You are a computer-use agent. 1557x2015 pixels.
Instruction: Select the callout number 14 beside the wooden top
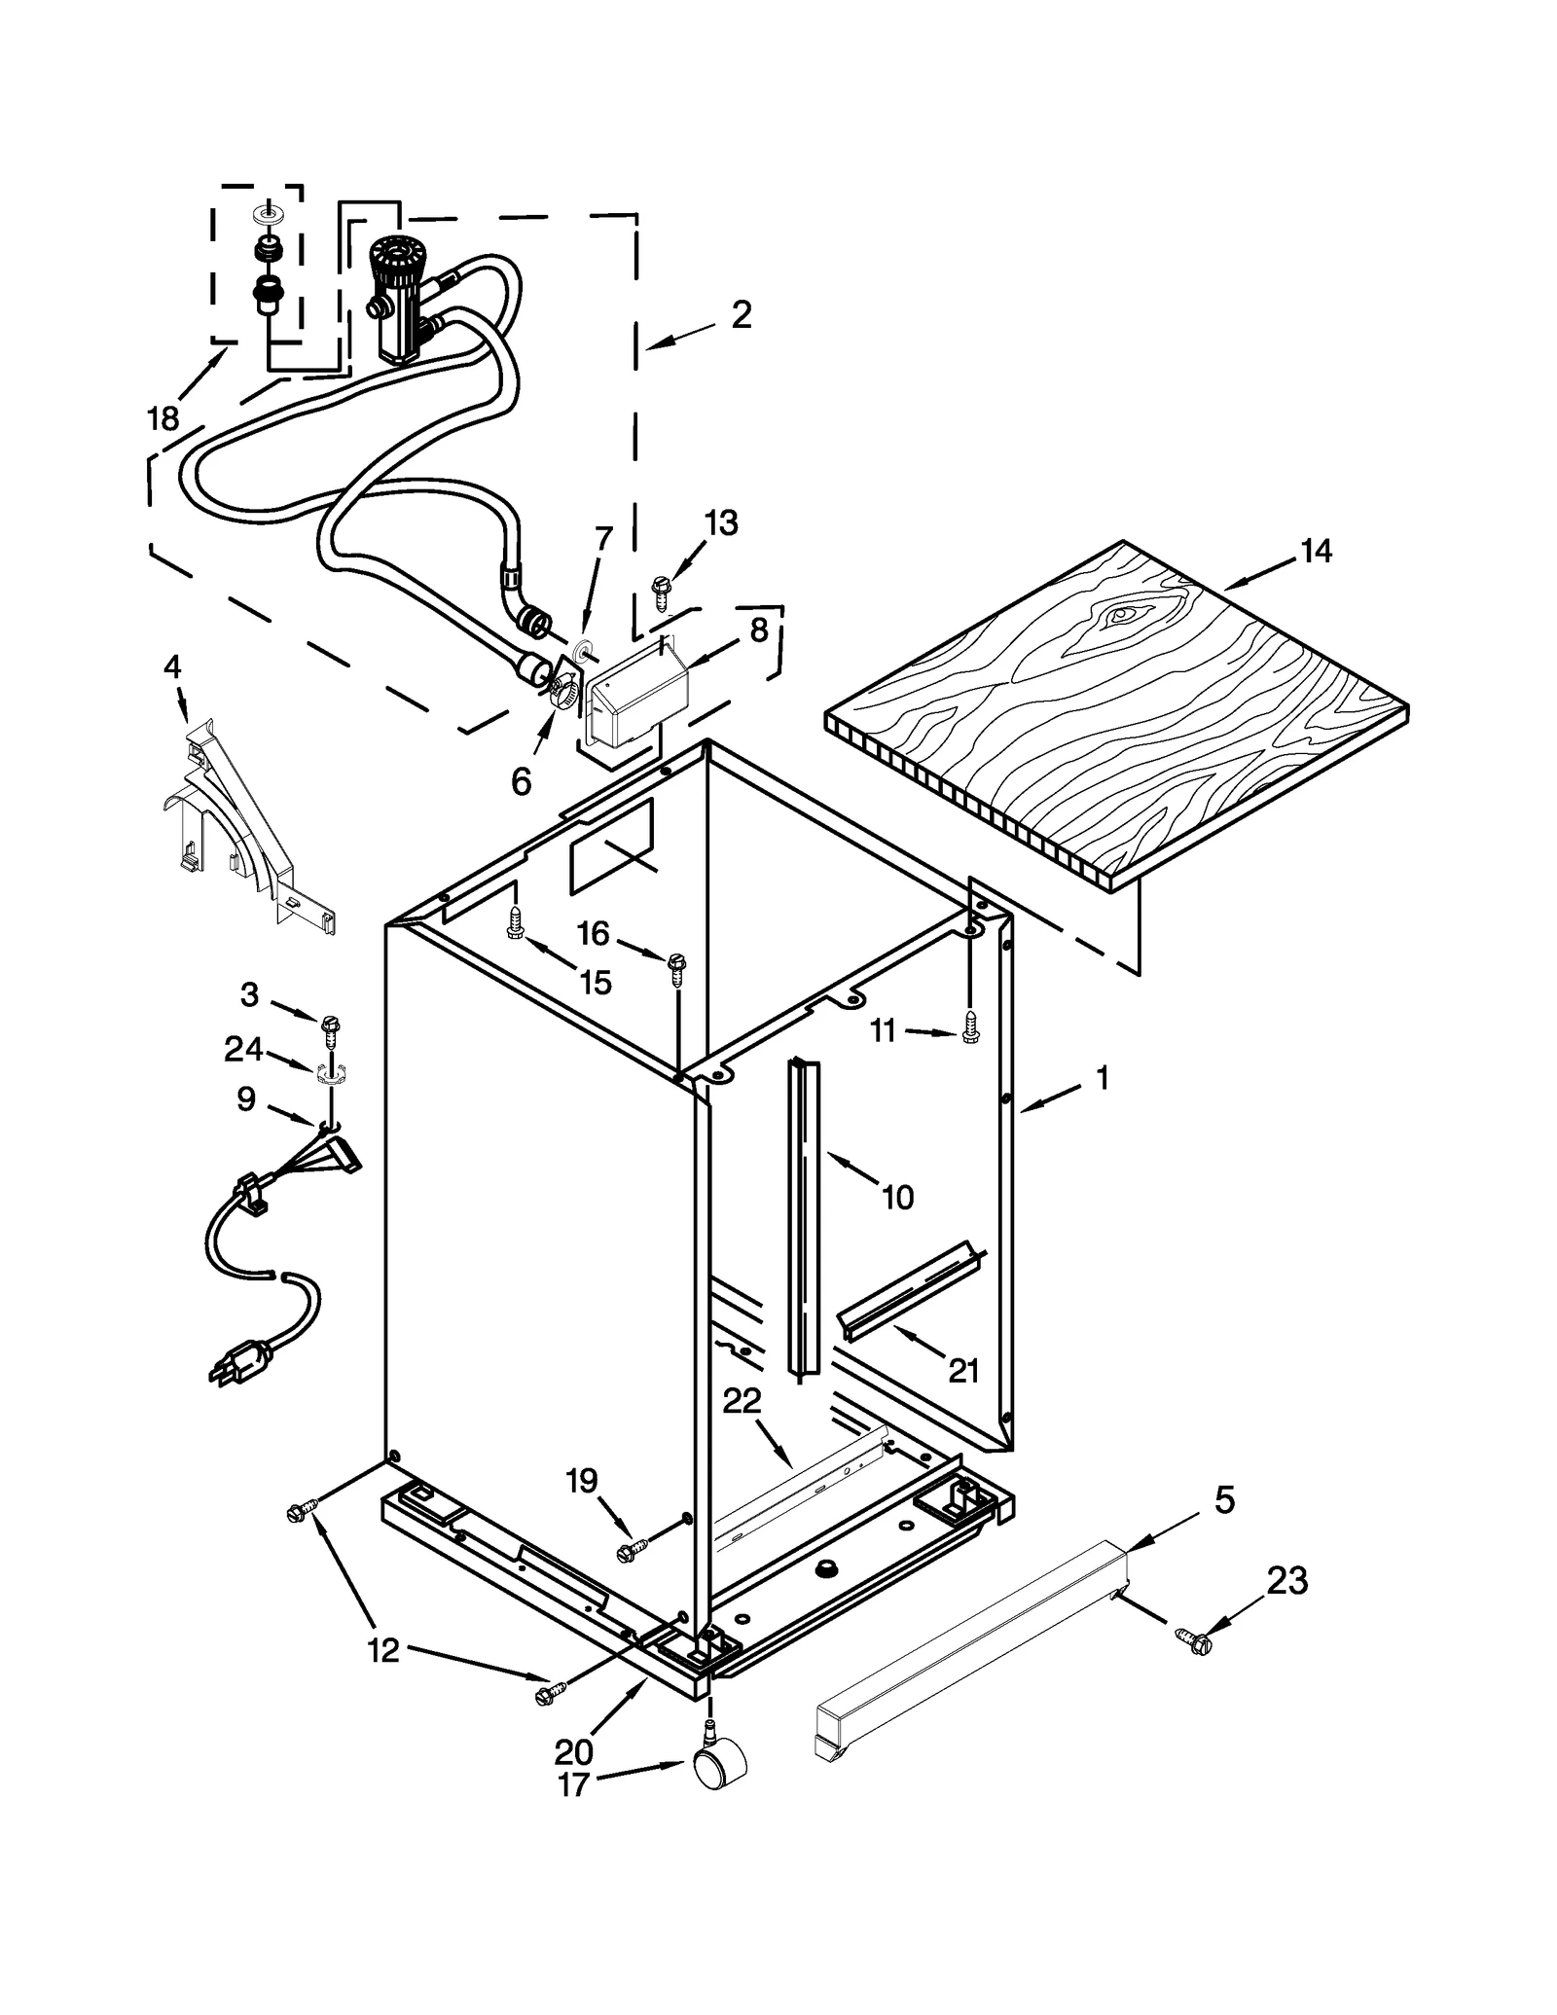click(x=1315, y=552)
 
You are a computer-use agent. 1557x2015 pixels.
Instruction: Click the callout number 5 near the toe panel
click(x=1224, y=1500)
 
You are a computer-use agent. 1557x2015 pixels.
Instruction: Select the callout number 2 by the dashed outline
click(x=742, y=315)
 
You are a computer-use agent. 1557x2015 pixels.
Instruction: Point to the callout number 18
click(x=163, y=419)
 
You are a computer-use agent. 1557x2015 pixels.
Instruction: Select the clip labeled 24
click(x=330, y=1074)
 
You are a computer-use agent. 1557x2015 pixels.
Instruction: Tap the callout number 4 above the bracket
click(x=172, y=667)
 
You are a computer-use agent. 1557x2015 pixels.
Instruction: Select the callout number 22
click(x=742, y=1401)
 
